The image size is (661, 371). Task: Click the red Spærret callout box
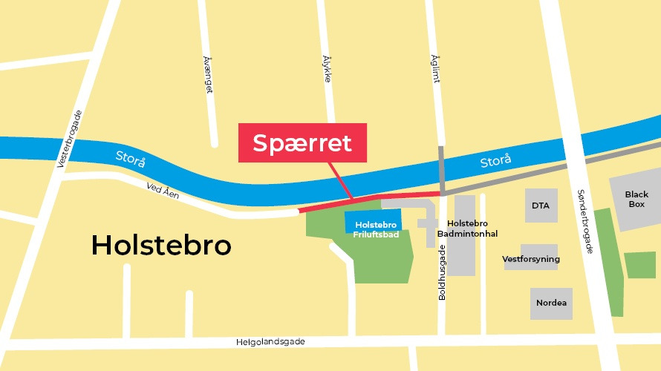click(302, 142)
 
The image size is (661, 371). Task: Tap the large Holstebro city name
click(161, 245)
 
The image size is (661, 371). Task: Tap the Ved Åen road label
click(163, 192)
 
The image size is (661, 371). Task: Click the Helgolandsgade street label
click(270, 341)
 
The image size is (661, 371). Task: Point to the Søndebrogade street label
click(585, 221)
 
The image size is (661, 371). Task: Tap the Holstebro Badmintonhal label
click(472, 228)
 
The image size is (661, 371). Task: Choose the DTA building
click(540, 205)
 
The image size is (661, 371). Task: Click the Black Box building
click(635, 200)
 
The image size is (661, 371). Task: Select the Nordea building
click(551, 303)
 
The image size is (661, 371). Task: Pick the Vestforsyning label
click(531, 259)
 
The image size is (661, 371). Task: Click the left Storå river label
click(131, 159)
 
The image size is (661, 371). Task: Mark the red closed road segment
click(371, 199)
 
